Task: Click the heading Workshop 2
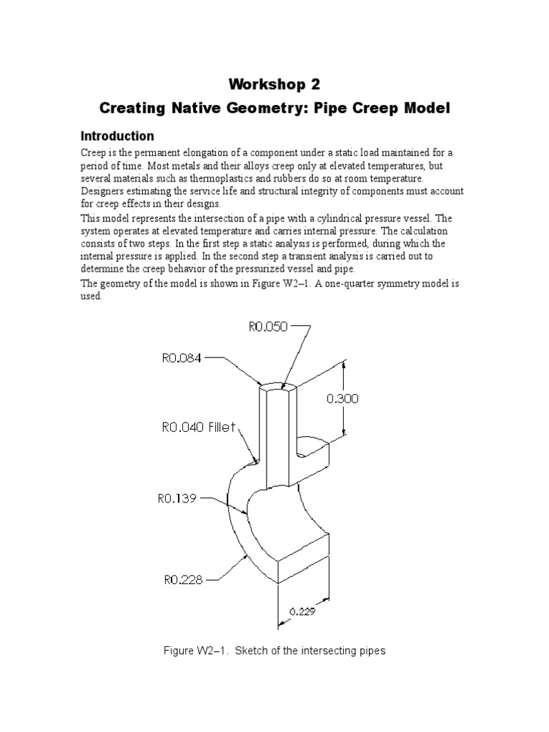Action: (274, 84)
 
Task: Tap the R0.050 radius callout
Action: (267, 327)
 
